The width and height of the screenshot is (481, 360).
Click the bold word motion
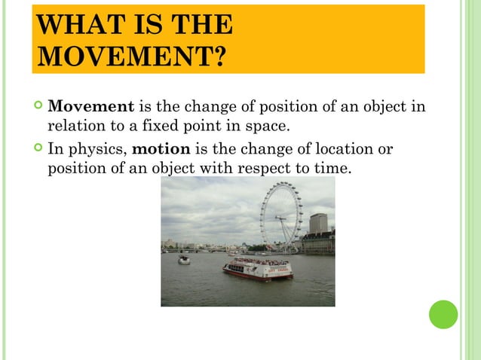(x=161, y=148)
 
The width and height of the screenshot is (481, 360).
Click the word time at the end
(x=332, y=167)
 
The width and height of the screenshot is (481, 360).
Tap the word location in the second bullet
(x=333, y=148)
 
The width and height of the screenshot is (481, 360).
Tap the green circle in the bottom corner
(x=443, y=314)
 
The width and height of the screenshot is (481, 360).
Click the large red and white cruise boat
(x=257, y=268)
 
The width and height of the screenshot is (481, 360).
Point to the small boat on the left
(x=184, y=260)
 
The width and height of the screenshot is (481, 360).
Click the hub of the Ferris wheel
(x=280, y=216)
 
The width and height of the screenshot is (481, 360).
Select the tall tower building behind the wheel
(x=318, y=223)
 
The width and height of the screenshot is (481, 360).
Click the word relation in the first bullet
(x=74, y=125)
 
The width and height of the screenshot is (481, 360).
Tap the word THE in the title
(x=202, y=24)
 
